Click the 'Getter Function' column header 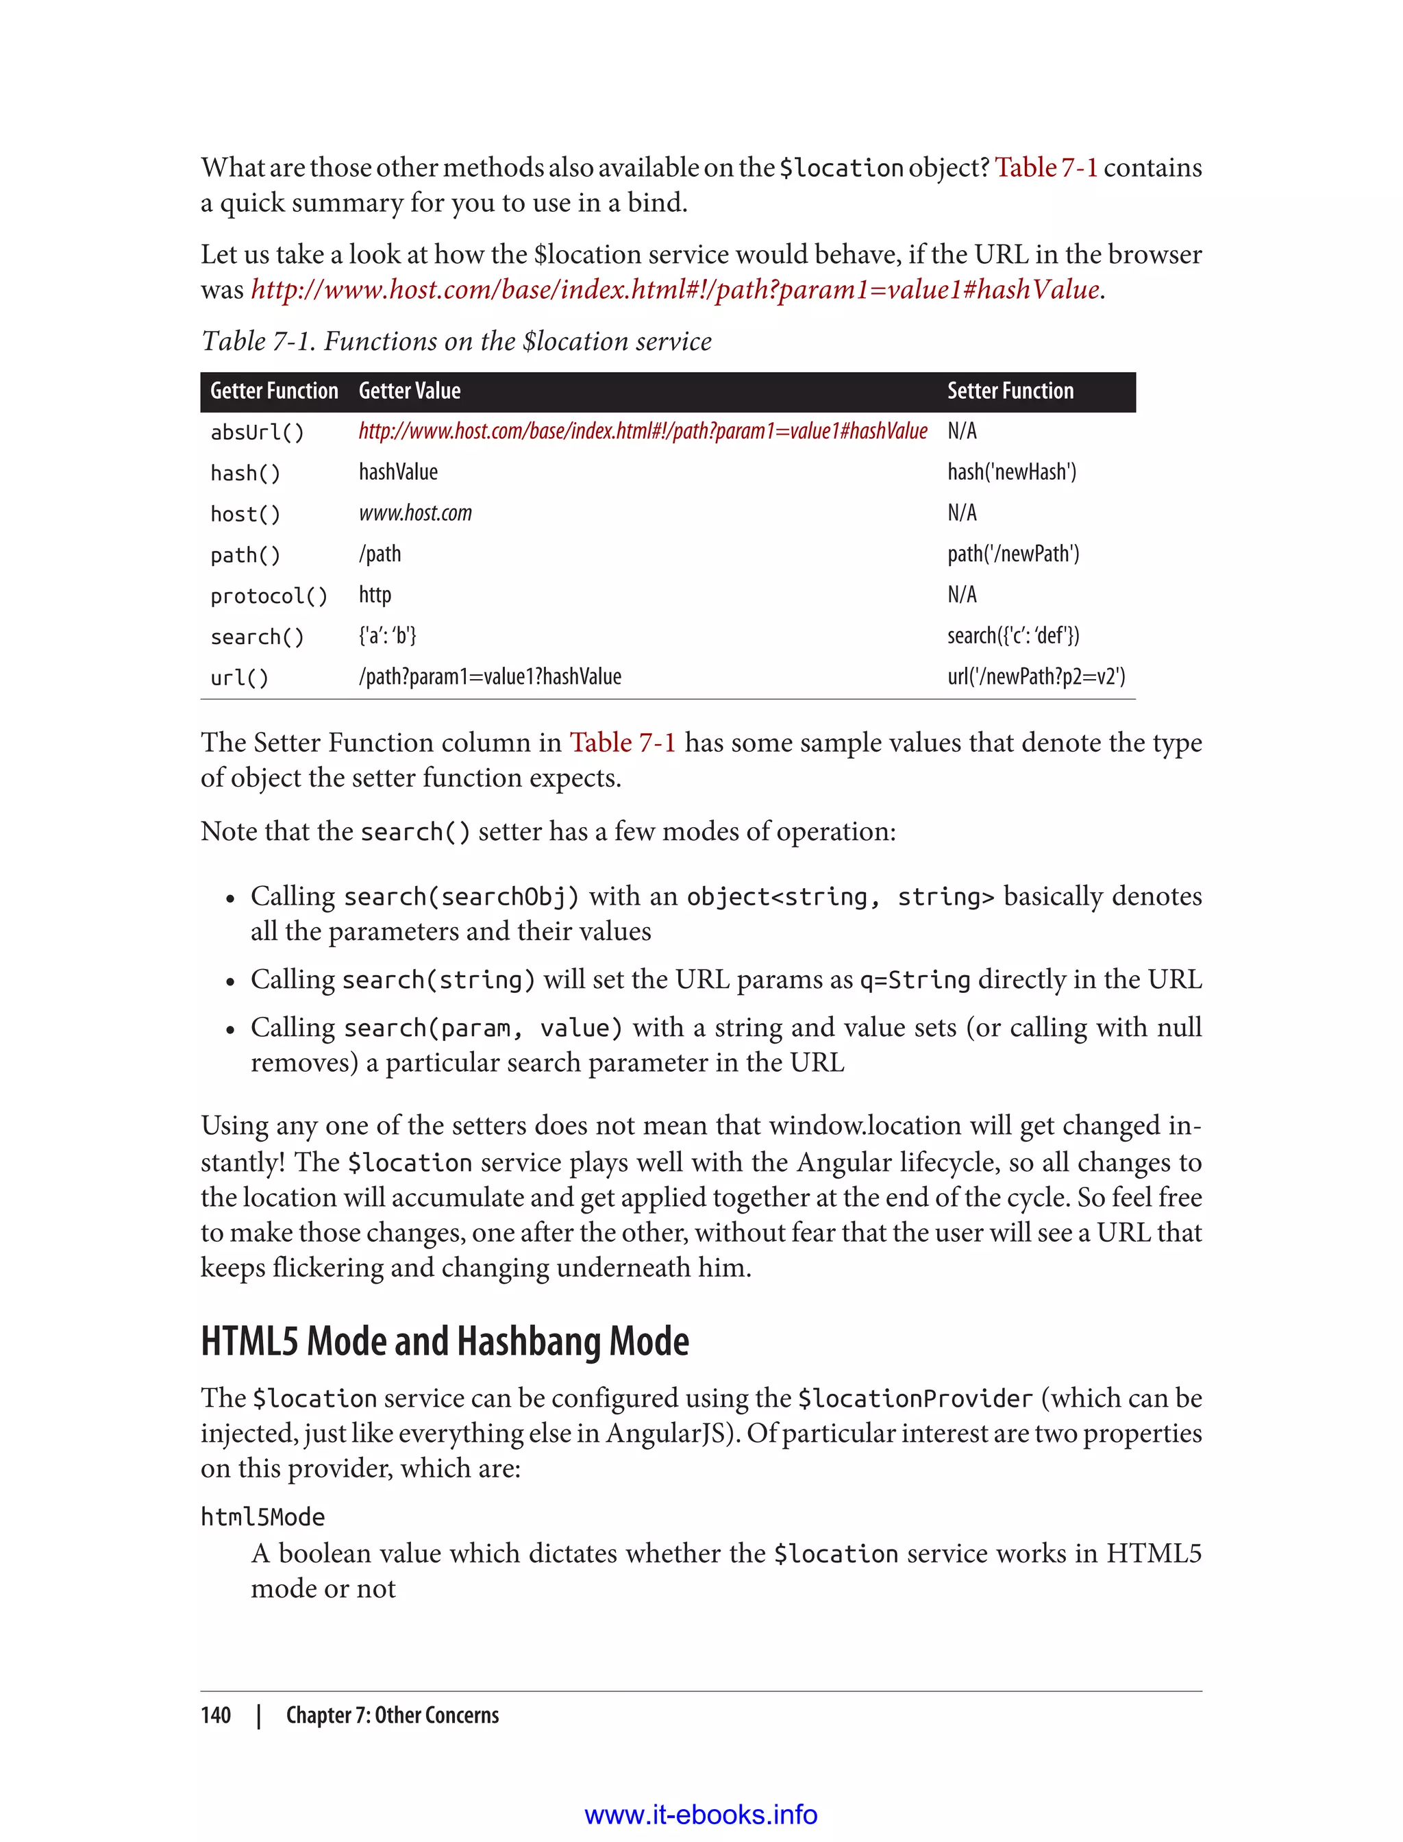274,391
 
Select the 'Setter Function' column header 1010,391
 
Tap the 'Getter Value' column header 409,391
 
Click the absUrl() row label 257,432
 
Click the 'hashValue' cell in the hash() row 398,472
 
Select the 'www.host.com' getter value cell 415,513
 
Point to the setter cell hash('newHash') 1011,472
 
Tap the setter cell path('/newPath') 1013,554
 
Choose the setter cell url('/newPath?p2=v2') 1036,676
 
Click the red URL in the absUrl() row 642,431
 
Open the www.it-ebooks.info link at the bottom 701,1815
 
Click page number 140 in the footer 216,1715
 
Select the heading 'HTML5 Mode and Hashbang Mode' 445,1342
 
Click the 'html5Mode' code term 263,1517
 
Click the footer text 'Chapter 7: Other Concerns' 393,1715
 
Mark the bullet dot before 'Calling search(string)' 230,983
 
